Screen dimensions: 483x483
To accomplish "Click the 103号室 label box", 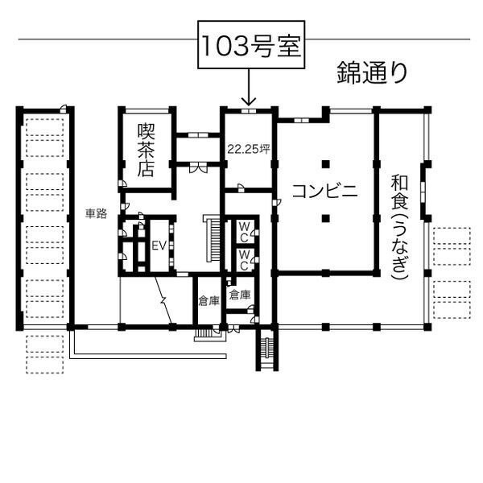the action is point(251,44).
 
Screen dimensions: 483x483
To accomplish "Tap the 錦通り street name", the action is point(373,72).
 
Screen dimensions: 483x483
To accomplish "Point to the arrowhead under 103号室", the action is point(249,101).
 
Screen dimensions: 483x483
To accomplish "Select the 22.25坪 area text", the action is point(249,149).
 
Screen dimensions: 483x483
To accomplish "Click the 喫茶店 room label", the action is point(146,150).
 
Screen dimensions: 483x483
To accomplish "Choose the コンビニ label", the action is point(325,191).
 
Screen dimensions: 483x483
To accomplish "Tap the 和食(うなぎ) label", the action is point(399,227).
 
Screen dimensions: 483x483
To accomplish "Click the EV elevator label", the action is point(159,246).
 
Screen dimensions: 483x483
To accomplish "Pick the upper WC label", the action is point(244,232).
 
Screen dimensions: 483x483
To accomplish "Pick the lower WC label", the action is point(244,260).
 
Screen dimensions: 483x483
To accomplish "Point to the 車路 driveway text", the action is point(96,213).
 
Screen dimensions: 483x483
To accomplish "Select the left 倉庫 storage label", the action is point(208,301).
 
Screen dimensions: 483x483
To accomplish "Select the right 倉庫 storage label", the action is point(240,295).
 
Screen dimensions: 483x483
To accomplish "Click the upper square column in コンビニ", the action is point(326,164).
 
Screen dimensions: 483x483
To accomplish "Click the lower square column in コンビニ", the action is point(326,219).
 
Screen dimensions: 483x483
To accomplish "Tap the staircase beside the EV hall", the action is point(213,239).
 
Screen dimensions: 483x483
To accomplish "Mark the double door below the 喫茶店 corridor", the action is point(198,167).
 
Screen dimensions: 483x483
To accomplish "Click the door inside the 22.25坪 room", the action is point(241,188).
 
